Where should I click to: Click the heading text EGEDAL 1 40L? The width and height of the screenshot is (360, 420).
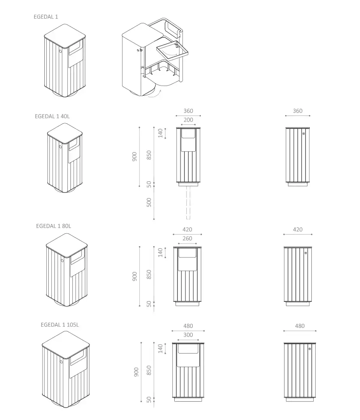52,116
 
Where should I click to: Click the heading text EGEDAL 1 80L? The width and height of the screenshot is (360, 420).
54,226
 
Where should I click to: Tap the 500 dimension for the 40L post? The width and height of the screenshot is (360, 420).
149,202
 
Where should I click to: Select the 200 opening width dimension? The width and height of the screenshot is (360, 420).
188,120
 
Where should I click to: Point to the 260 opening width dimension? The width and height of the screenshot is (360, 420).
187,238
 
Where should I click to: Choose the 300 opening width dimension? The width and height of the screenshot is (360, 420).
188,335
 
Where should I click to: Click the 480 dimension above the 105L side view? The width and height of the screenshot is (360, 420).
300,326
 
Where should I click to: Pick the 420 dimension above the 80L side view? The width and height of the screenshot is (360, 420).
298,229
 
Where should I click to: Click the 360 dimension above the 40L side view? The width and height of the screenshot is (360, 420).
297,111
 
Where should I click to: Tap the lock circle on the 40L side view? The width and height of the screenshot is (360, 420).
304,133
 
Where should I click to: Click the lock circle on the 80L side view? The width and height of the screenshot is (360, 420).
306,253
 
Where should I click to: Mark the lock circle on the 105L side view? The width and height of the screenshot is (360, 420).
309,349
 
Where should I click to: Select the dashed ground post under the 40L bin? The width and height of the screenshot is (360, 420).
188,202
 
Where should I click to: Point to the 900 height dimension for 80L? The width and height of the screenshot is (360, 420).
135,276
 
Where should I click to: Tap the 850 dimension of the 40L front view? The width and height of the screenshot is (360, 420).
149,155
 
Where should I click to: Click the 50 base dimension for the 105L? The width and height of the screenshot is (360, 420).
149,399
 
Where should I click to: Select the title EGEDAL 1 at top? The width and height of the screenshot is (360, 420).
46,17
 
